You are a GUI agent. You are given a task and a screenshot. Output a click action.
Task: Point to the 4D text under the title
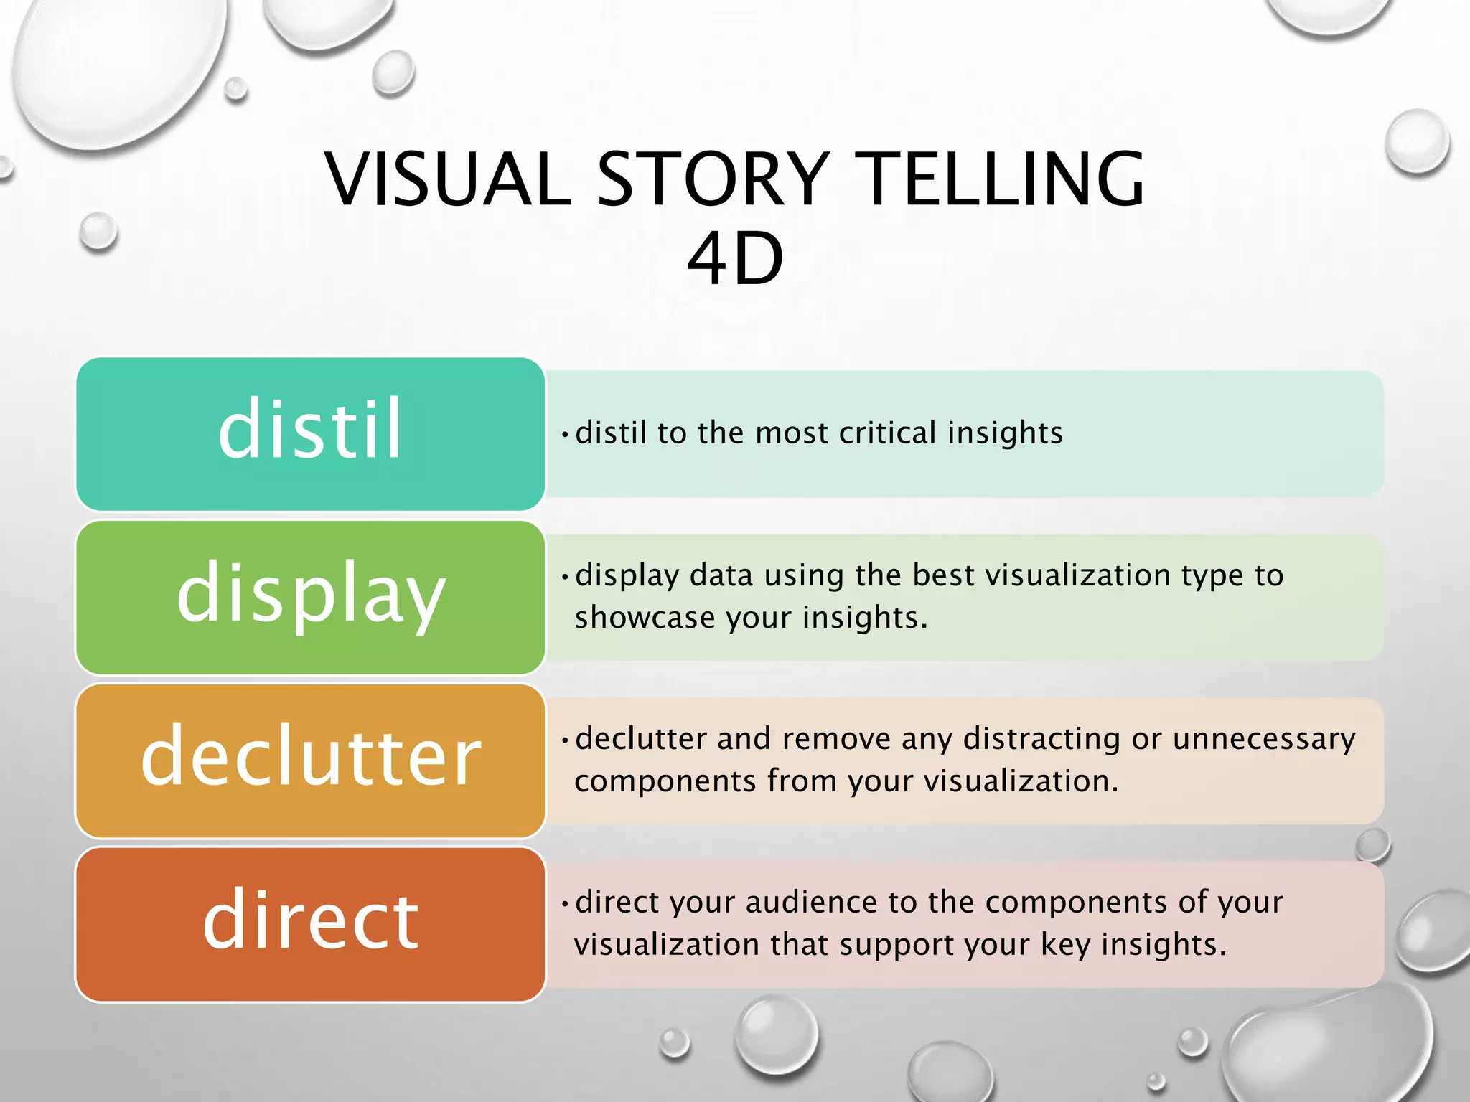pyautogui.click(x=735, y=259)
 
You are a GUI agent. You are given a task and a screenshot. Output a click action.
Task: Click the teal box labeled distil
pyautogui.click(x=310, y=433)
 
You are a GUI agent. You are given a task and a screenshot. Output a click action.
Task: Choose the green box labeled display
pyautogui.click(x=310, y=597)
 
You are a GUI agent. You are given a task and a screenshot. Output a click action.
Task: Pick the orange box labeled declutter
pyautogui.click(x=310, y=760)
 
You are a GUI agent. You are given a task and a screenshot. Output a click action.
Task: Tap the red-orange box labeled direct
pyautogui.click(x=310, y=923)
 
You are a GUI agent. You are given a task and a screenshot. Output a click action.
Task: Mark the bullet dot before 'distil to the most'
pyautogui.click(x=565, y=434)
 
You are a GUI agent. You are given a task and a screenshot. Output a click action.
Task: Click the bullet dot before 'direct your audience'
pyautogui.click(x=565, y=903)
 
